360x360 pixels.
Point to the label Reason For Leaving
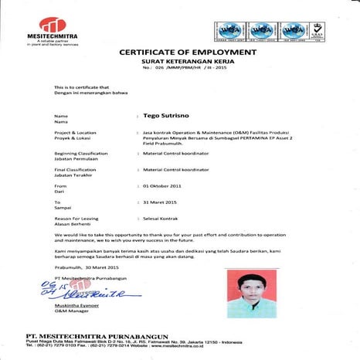(76, 219)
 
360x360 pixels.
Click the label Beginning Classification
(80, 154)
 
